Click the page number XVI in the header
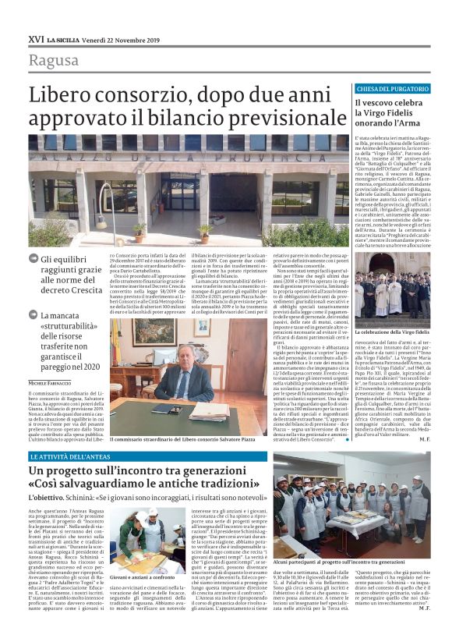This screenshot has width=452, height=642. [36, 38]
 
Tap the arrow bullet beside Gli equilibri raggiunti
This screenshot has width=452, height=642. [34, 259]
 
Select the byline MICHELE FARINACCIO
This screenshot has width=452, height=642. [55, 383]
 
